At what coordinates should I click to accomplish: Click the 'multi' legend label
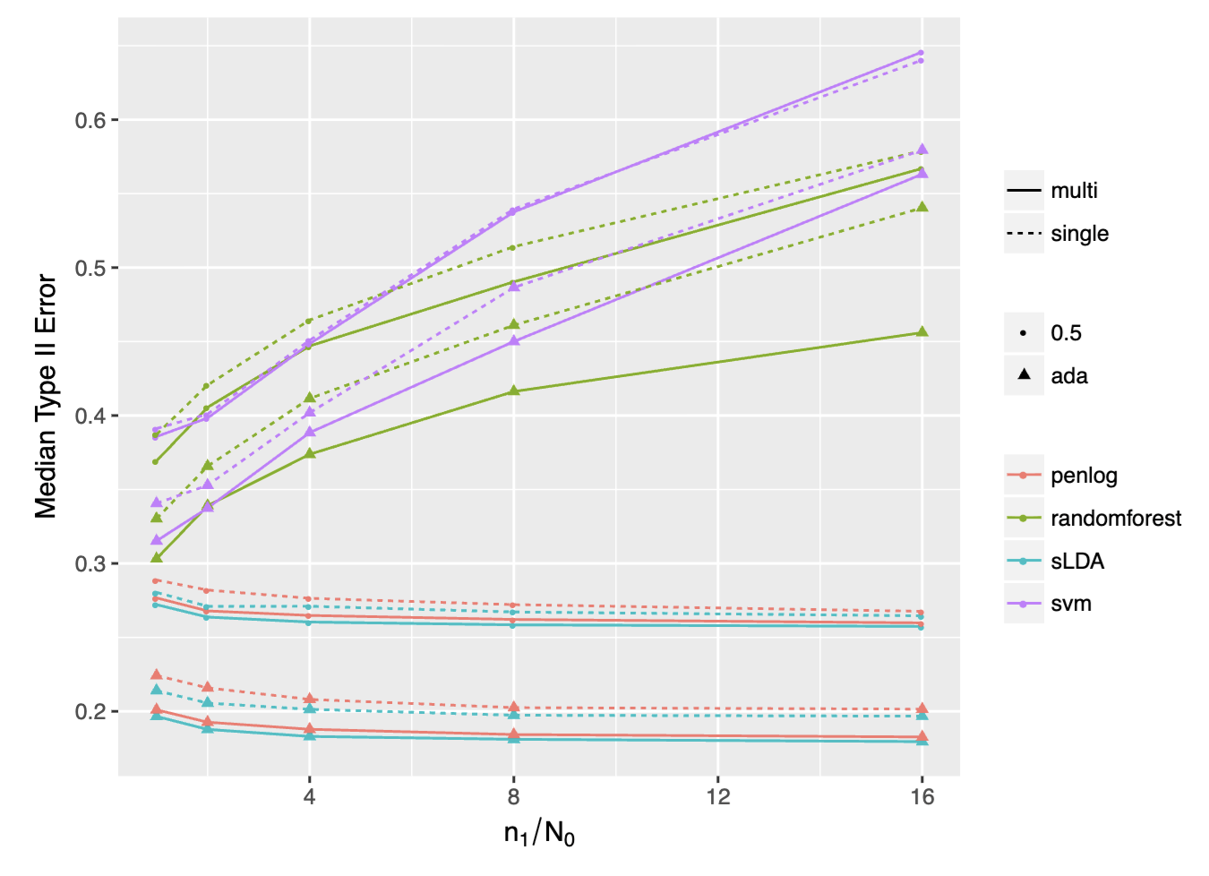point(1074,190)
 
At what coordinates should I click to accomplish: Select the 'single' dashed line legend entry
point(1079,234)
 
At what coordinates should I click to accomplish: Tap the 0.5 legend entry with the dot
point(1066,333)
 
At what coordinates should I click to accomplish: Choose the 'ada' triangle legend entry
point(1069,376)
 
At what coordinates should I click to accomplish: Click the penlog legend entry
point(1084,476)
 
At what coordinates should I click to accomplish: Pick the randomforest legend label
point(1116,518)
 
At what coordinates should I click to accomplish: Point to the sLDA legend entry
point(1077,561)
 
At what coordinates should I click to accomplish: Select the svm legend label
point(1071,604)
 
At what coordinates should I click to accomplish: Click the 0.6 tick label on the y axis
point(90,120)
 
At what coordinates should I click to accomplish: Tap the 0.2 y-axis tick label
point(90,711)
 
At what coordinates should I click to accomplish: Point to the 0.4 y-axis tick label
point(90,416)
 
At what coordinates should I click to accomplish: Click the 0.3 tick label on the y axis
point(90,563)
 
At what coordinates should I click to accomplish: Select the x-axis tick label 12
point(717,796)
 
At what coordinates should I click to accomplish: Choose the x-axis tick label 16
point(922,796)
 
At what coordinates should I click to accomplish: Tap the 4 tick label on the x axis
point(310,796)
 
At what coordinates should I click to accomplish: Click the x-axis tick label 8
point(514,796)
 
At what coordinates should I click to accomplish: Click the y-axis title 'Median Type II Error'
point(46,397)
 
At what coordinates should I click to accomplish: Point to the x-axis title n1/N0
point(539,834)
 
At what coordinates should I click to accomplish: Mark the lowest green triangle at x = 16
point(922,332)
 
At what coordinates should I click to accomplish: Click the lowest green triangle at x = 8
point(514,391)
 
